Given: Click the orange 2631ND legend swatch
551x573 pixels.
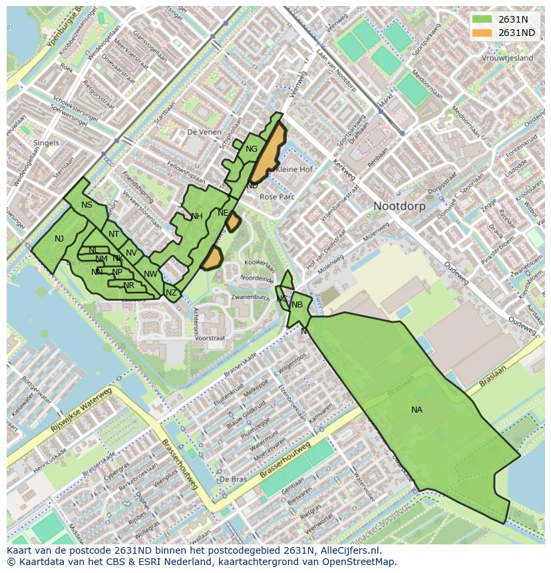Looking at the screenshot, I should [x=483, y=33].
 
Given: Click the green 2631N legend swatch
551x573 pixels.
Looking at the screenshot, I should [x=483, y=19].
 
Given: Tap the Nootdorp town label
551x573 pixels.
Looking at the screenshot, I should [x=399, y=206].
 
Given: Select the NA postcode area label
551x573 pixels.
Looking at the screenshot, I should [x=417, y=410].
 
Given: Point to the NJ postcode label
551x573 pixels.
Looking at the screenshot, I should [x=59, y=239].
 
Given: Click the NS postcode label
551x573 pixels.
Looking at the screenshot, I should [x=87, y=205].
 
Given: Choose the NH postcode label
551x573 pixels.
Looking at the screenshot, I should [x=196, y=216].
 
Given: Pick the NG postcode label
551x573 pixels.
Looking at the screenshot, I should [x=251, y=149].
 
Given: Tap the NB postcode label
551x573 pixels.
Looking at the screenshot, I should [x=297, y=305].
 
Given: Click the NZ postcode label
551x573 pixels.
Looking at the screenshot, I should [x=171, y=293].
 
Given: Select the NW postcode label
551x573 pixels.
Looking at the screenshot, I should [x=150, y=274].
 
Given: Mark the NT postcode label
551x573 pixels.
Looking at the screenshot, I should [x=114, y=234].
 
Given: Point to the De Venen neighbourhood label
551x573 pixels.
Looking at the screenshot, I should [x=204, y=132].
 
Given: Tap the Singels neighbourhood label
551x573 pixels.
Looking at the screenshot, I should [x=46, y=143].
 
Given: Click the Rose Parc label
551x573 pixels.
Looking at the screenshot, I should [x=277, y=197].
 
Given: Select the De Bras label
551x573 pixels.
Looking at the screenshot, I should [x=233, y=479].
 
